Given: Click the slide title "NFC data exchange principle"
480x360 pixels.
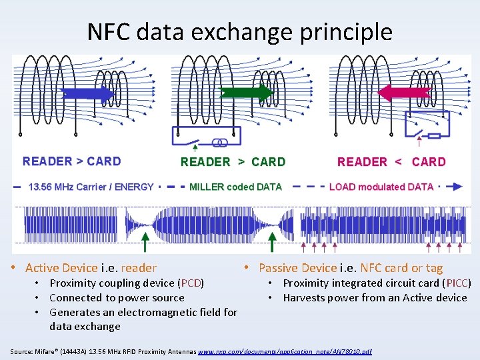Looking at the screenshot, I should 240,31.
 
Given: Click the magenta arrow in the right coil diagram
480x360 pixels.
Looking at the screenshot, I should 404,93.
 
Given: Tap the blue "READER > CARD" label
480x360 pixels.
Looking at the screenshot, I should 72,161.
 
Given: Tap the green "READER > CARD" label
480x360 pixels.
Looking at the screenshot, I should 233,162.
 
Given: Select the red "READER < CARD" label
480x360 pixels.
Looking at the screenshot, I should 391,162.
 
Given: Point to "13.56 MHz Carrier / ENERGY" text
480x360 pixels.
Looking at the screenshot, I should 91,187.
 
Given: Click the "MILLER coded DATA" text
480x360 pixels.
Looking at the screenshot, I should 235,187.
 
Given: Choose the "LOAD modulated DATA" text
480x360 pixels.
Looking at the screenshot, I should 381,187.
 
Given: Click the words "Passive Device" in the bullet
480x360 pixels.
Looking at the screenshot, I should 297,268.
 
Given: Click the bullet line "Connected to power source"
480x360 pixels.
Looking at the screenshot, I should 117,298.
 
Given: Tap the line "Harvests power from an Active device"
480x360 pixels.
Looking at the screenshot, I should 375,298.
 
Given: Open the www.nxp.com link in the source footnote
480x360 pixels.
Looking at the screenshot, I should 285,351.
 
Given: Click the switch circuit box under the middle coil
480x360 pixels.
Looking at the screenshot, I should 206,137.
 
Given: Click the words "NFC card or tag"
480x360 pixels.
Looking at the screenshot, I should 401,268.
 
